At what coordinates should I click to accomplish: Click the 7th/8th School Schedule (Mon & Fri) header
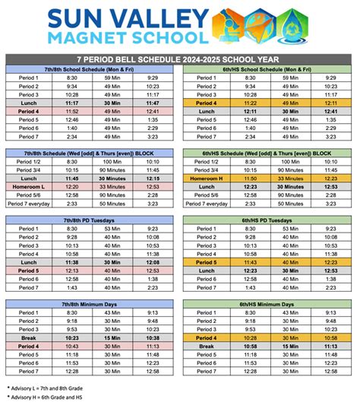92,68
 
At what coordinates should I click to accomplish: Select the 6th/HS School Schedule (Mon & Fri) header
268,68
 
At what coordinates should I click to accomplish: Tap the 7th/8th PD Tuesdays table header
92,219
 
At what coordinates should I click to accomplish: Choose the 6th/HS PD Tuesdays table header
268,219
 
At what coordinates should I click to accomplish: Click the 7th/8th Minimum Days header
92,303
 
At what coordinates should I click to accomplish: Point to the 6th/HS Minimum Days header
268,303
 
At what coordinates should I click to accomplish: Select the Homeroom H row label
206,177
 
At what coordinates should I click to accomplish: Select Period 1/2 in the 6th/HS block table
206,160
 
